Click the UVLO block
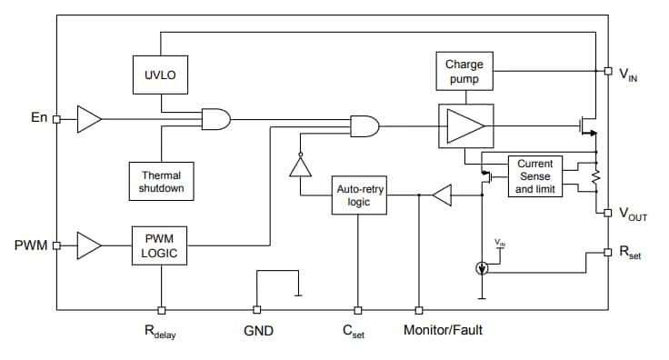click(161, 76)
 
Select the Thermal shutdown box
click(161, 181)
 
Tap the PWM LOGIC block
click(161, 245)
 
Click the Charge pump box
click(464, 71)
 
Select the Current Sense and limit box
click(534, 176)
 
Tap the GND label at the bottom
click(256, 331)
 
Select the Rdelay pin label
click(160, 332)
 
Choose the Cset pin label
click(356, 332)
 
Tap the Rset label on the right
click(630, 254)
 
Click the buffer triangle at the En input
click(89, 118)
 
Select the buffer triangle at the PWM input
click(89, 245)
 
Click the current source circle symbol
click(482, 268)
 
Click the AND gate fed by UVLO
click(216, 118)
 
